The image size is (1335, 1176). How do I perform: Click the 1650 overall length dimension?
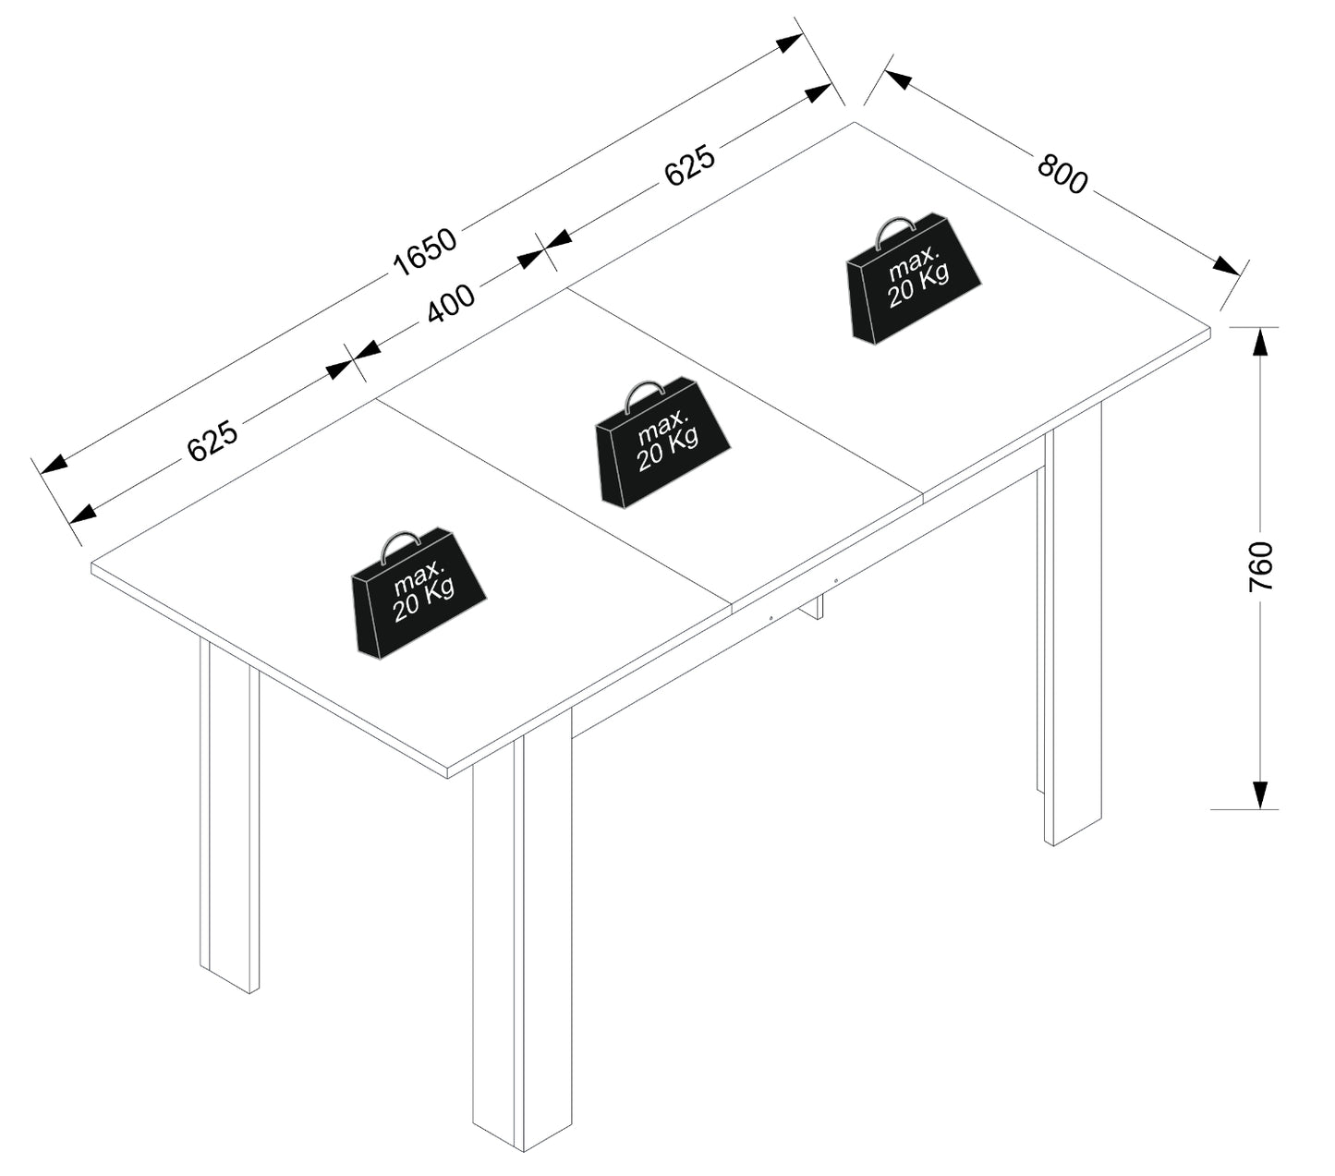click(424, 251)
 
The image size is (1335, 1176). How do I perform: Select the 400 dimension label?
click(450, 303)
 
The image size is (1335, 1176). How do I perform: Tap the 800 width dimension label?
click(1062, 174)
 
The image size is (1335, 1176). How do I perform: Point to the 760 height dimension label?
click(1260, 566)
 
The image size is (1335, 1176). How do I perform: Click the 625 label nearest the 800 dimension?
click(689, 164)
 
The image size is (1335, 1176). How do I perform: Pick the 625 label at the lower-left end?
click(212, 440)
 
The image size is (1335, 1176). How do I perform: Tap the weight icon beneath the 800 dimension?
click(914, 278)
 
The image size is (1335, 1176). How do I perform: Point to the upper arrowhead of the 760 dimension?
click(1260, 341)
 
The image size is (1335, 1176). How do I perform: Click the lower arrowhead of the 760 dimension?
click(1260, 794)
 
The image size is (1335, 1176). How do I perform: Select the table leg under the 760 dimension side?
click(1073, 624)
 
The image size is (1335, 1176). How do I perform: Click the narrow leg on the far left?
click(228, 816)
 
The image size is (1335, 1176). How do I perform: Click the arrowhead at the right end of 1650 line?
click(789, 42)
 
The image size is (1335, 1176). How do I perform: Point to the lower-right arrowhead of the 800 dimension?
click(1226, 265)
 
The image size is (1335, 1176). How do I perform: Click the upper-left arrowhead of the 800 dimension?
click(897, 79)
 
